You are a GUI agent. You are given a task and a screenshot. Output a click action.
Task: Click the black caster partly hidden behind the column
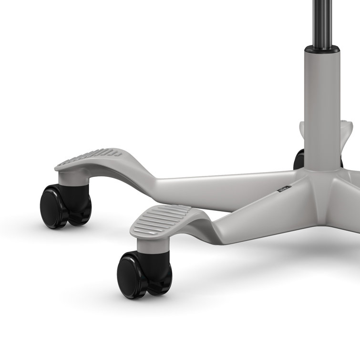pyautogui.click(x=299, y=160)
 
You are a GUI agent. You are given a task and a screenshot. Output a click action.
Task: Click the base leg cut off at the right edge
pyautogui.click(x=350, y=210)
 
